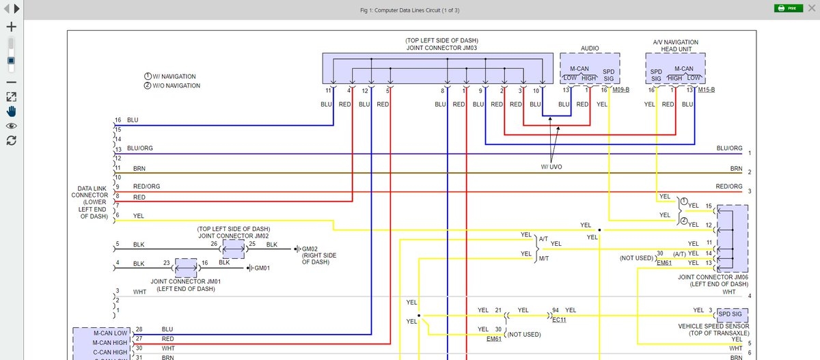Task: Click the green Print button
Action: tap(788, 8)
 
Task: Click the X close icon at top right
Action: tap(811, 8)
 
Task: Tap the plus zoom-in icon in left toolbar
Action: tap(10, 27)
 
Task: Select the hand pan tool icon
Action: tap(11, 111)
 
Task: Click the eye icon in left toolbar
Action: tap(11, 126)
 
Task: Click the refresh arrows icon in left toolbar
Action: tap(11, 141)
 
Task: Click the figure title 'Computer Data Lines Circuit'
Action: tap(409, 10)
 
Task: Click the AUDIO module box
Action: tap(590, 69)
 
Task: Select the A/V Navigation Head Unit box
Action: tap(675, 69)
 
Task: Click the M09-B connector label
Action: tap(620, 90)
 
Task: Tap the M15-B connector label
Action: tap(707, 90)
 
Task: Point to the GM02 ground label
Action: tap(310, 249)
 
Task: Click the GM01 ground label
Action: tap(262, 268)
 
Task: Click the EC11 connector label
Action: tap(559, 319)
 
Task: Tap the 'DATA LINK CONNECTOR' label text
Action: tap(90, 195)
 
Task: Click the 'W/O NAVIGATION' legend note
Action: tap(176, 86)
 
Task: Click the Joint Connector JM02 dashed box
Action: tap(233, 249)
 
